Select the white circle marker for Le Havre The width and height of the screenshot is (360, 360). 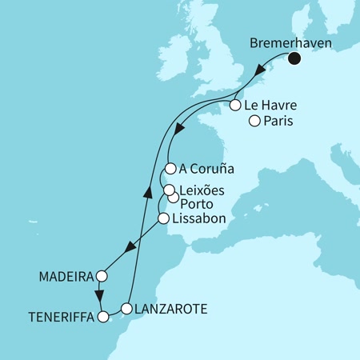tap(235, 105)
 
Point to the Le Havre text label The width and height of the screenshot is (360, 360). tap(270, 105)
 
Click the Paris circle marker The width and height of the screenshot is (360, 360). tap(254, 122)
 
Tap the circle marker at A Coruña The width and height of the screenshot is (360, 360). tap(170, 169)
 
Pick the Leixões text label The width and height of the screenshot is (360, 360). tap(202, 190)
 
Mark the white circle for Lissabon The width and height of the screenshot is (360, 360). tap(163, 218)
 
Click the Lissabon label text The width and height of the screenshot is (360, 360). tap(197, 218)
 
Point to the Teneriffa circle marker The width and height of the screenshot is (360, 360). tap(102, 318)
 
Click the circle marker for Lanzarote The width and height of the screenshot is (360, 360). tap(126, 308)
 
